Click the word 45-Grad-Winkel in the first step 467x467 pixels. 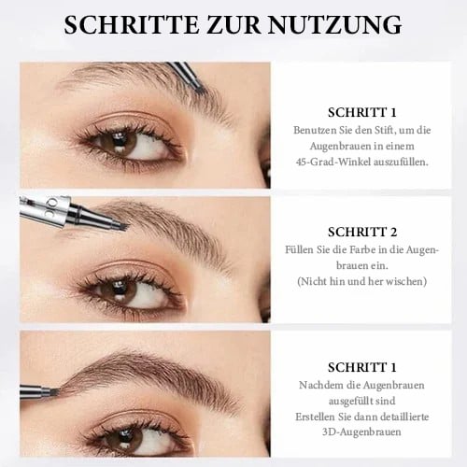click(326, 162)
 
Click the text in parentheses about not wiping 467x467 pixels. click(363, 281)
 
